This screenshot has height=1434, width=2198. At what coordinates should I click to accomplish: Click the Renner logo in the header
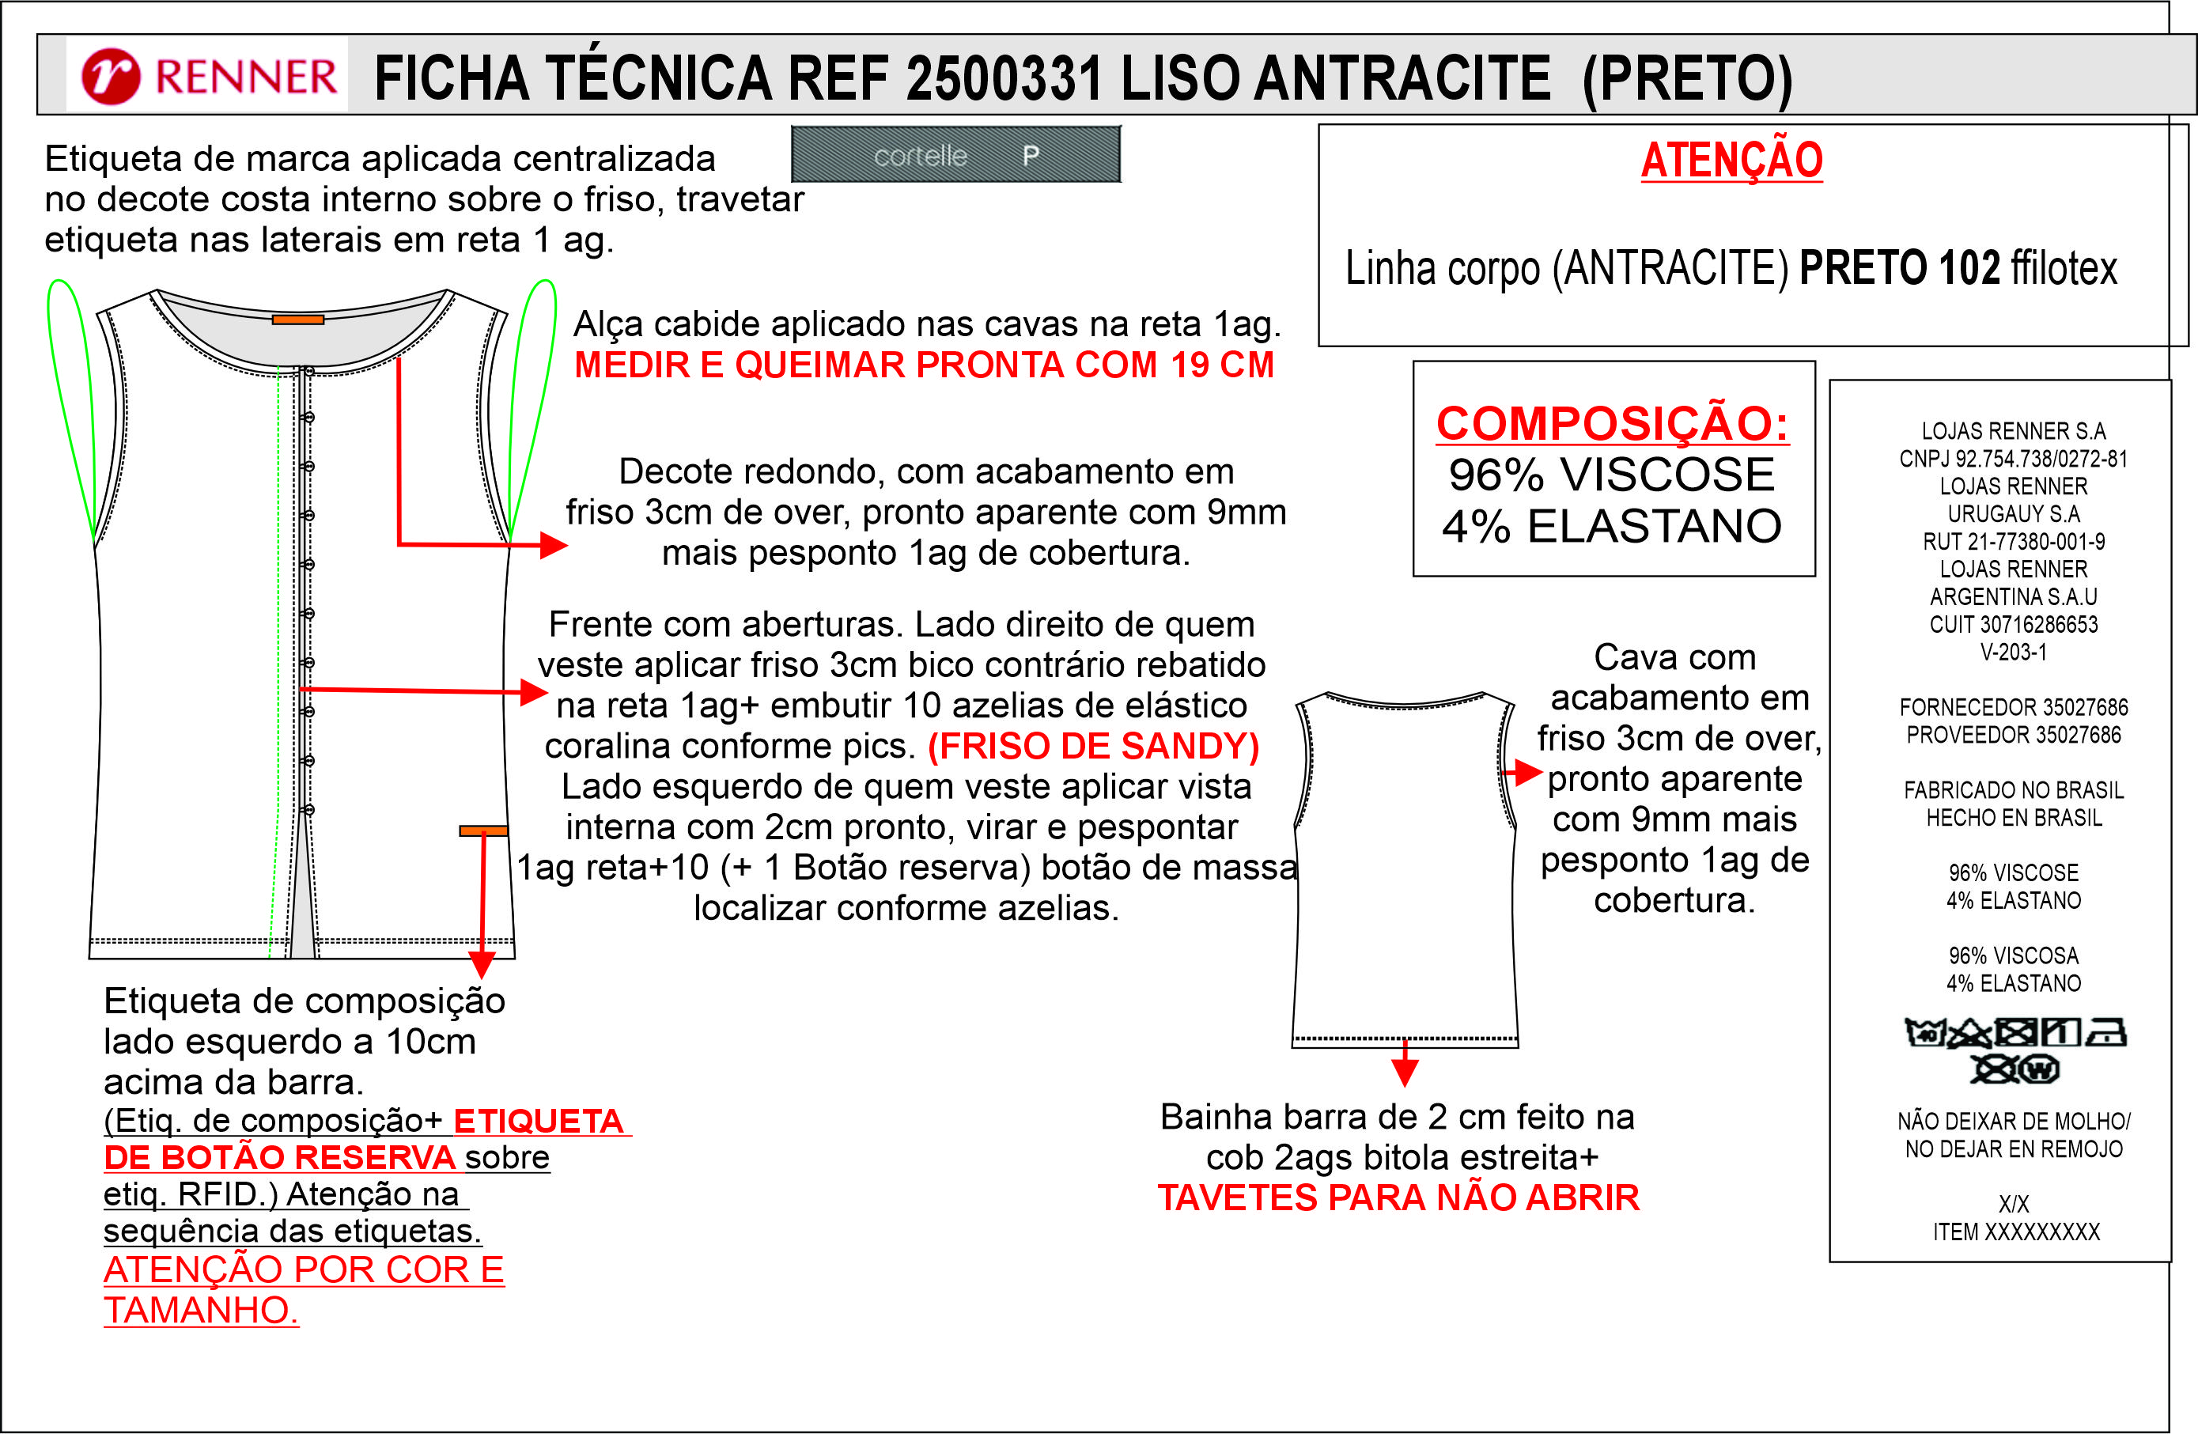tap(209, 76)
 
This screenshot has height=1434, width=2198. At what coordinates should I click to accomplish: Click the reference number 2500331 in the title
tap(1004, 78)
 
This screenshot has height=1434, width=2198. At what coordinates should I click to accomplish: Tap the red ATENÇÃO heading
tap(1731, 160)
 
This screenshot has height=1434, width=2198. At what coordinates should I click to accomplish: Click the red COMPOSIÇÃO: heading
tap(1612, 424)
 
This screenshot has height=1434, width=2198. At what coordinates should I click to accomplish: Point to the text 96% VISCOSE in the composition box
tap(1612, 475)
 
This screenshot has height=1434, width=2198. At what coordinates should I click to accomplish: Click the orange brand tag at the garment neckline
tap(297, 320)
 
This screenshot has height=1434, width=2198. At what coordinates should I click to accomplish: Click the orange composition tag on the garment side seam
tap(483, 831)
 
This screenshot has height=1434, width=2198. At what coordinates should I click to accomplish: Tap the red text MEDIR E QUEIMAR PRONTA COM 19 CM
tap(924, 365)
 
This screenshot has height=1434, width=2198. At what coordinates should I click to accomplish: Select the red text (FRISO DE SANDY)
tap(1093, 746)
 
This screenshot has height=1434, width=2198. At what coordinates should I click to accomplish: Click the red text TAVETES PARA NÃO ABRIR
tap(1398, 1198)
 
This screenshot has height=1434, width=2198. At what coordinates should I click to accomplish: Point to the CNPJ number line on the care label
tap(2012, 459)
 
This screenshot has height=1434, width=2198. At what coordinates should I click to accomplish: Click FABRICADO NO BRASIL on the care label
tap(2013, 790)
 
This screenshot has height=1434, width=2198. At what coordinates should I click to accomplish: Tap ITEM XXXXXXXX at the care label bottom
tap(2016, 1232)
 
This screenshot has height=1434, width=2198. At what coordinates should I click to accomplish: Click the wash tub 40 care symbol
tap(1926, 1033)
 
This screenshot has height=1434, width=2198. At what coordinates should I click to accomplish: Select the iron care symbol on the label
tap(2108, 1032)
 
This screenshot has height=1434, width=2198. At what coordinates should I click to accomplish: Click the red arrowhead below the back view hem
tap(1405, 1073)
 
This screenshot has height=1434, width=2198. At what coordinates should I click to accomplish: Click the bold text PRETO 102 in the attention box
tap(1900, 269)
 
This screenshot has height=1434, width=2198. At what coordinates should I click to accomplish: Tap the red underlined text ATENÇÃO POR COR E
tap(304, 1270)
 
